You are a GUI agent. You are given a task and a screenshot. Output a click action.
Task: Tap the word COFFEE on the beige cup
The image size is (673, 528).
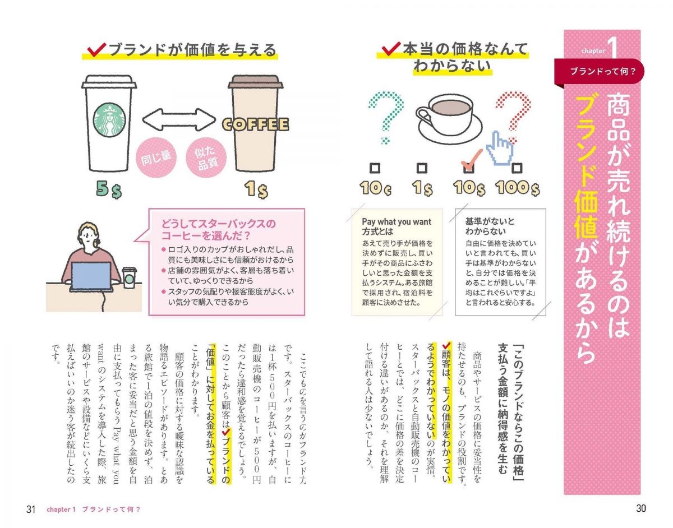pyautogui.click(x=255, y=124)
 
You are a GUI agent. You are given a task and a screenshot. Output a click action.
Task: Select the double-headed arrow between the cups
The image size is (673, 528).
pyautogui.click(x=179, y=119)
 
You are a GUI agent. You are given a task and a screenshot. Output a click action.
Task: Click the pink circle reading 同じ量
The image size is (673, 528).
pyautogui.click(x=156, y=158)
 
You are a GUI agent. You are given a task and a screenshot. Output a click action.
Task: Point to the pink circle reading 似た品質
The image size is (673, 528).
pyautogui.click(x=206, y=158)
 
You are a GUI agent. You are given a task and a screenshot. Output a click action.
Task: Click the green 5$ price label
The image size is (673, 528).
pyautogui.click(x=109, y=189)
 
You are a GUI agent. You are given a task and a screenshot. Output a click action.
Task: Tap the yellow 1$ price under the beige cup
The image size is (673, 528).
pyautogui.click(x=256, y=189)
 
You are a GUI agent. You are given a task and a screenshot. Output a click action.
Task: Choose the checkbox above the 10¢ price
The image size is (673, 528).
pyautogui.click(x=375, y=168)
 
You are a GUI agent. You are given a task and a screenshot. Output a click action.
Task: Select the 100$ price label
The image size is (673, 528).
pyautogui.click(x=517, y=188)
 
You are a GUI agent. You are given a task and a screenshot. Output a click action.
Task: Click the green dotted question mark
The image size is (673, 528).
pyautogui.click(x=386, y=118)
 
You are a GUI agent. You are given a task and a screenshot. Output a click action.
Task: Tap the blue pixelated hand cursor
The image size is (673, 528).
pyautogui.click(x=499, y=147)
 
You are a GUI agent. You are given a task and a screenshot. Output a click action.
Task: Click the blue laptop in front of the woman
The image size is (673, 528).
pyautogui.click(x=91, y=276)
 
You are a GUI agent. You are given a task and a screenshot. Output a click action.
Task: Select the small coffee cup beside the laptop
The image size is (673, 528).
pyautogui.click(x=129, y=277)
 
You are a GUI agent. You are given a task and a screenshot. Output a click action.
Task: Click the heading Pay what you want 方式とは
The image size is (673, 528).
pyautogui.click(x=397, y=226)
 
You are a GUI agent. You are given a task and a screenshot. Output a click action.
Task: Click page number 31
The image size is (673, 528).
pyautogui.click(x=31, y=510)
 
